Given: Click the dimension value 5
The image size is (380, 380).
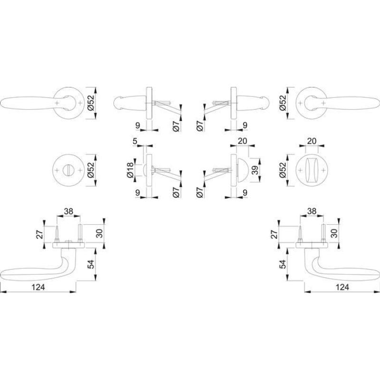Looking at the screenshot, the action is (135, 141).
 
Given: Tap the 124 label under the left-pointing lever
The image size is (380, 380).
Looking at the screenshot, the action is (38, 287).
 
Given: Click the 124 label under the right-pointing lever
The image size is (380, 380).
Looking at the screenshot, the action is (342, 287).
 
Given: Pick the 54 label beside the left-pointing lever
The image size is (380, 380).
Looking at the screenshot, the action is (90, 264).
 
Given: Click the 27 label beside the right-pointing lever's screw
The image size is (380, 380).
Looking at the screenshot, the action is (274, 234).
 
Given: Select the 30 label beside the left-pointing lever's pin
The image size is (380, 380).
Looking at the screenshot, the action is (100, 233).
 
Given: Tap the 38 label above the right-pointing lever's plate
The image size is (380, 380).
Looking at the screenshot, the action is (312, 211).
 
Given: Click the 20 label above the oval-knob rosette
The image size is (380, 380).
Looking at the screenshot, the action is (312, 141).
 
